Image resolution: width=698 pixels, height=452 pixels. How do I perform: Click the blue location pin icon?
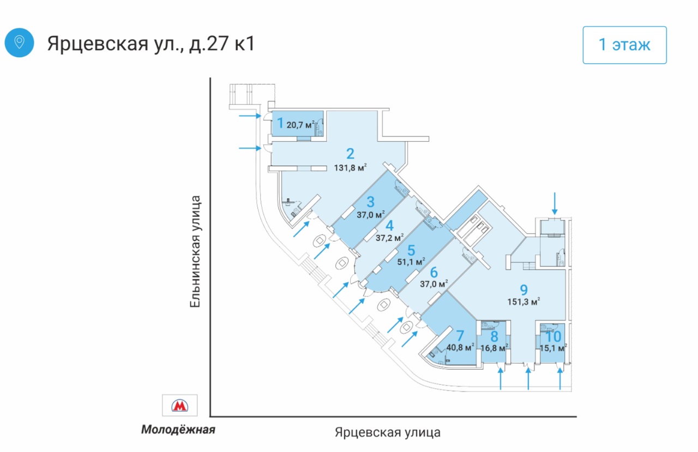tap(19, 42)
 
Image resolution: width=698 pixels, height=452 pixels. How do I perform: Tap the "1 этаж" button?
tap(624, 45)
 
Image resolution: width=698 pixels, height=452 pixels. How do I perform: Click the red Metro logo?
tap(179, 406)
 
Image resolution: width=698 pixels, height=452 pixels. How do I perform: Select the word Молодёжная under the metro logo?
tap(178, 430)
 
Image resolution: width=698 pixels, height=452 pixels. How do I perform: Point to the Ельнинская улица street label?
tap(196, 252)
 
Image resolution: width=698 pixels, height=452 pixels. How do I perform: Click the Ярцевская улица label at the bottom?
tap(388, 432)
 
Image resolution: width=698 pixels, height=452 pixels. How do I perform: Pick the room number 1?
tap(280, 123)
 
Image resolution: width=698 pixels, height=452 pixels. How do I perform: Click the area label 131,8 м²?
tap(350, 168)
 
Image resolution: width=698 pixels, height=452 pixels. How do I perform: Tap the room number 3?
tap(370, 201)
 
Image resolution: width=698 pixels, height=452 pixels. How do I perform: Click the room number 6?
tap(434, 272)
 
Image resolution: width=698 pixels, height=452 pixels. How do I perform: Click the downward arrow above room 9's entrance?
tap(555, 203)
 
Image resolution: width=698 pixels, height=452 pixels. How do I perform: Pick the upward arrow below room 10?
tap(561, 380)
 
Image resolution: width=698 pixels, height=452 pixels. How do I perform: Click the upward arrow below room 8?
tap(501, 380)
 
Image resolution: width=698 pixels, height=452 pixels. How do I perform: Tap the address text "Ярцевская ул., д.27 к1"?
tap(151, 43)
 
